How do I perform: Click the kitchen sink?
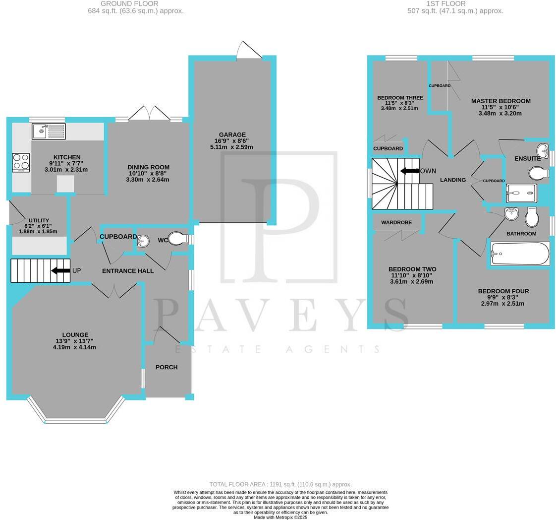pyautogui.click(x=49, y=131)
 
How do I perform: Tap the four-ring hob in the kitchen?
pyautogui.click(x=21, y=162)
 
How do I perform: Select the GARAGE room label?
pyautogui.click(x=232, y=134)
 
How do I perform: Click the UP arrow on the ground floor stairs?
pyautogui.click(x=61, y=270)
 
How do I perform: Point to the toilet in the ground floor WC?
pyautogui.click(x=177, y=239)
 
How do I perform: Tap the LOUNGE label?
pyautogui.click(x=75, y=335)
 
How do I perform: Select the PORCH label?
pyautogui.click(x=167, y=367)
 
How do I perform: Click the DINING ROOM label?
pyautogui.click(x=148, y=167)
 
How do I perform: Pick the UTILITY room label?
pyautogui.click(x=39, y=220)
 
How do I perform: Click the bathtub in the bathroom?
pyautogui.click(x=520, y=254)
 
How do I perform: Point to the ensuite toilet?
pyautogui.click(x=538, y=173)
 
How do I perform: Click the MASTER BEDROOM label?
pyautogui.click(x=500, y=101)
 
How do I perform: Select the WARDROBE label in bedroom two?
pyautogui.click(x=396, y=223)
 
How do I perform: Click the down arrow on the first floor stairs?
pyautogui.click(x=410, y=171)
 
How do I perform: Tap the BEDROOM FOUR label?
pyautogui.click(x=503, y=291)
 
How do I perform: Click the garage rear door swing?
pyautogui.click(x=249, y=51)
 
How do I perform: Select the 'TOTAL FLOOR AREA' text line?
pyautogui.click(x=280, y=484)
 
